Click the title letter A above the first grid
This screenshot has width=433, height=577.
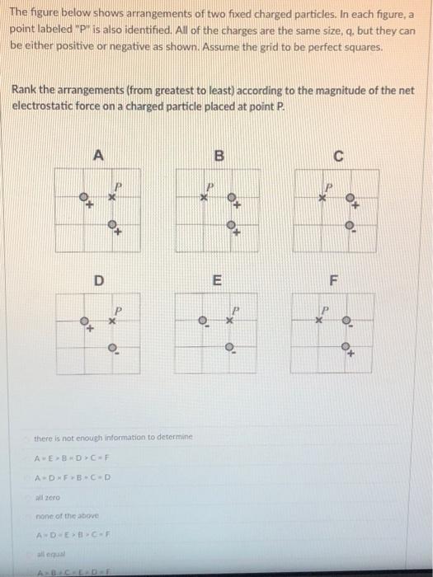(x=99, y=154)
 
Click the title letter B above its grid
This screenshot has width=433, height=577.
(x=219, y=154)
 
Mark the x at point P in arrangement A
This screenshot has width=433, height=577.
(x=114, y=199)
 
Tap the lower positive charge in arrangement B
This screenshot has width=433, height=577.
(x=233, y=225)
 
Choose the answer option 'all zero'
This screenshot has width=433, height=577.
(x=47, y=499)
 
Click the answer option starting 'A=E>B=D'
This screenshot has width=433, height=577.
(x=73, y=458)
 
